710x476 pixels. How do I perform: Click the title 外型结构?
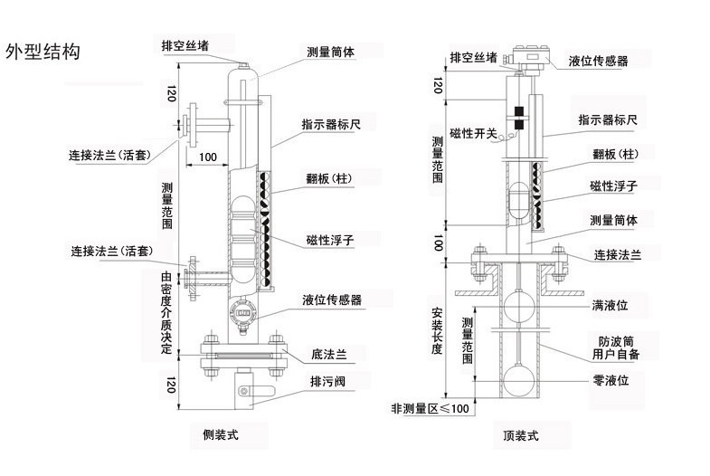tap(43, 52)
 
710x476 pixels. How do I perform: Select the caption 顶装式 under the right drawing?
tap(521, 435)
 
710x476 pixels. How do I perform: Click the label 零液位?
tap(611, 382)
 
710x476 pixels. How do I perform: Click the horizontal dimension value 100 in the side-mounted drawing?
tap(208, 157)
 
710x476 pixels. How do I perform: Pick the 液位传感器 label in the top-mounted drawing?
tap(598, 61)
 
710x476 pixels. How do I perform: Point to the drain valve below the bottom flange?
tap(244, 385)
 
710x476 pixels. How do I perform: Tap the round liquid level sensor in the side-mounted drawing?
tap(241, 314)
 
